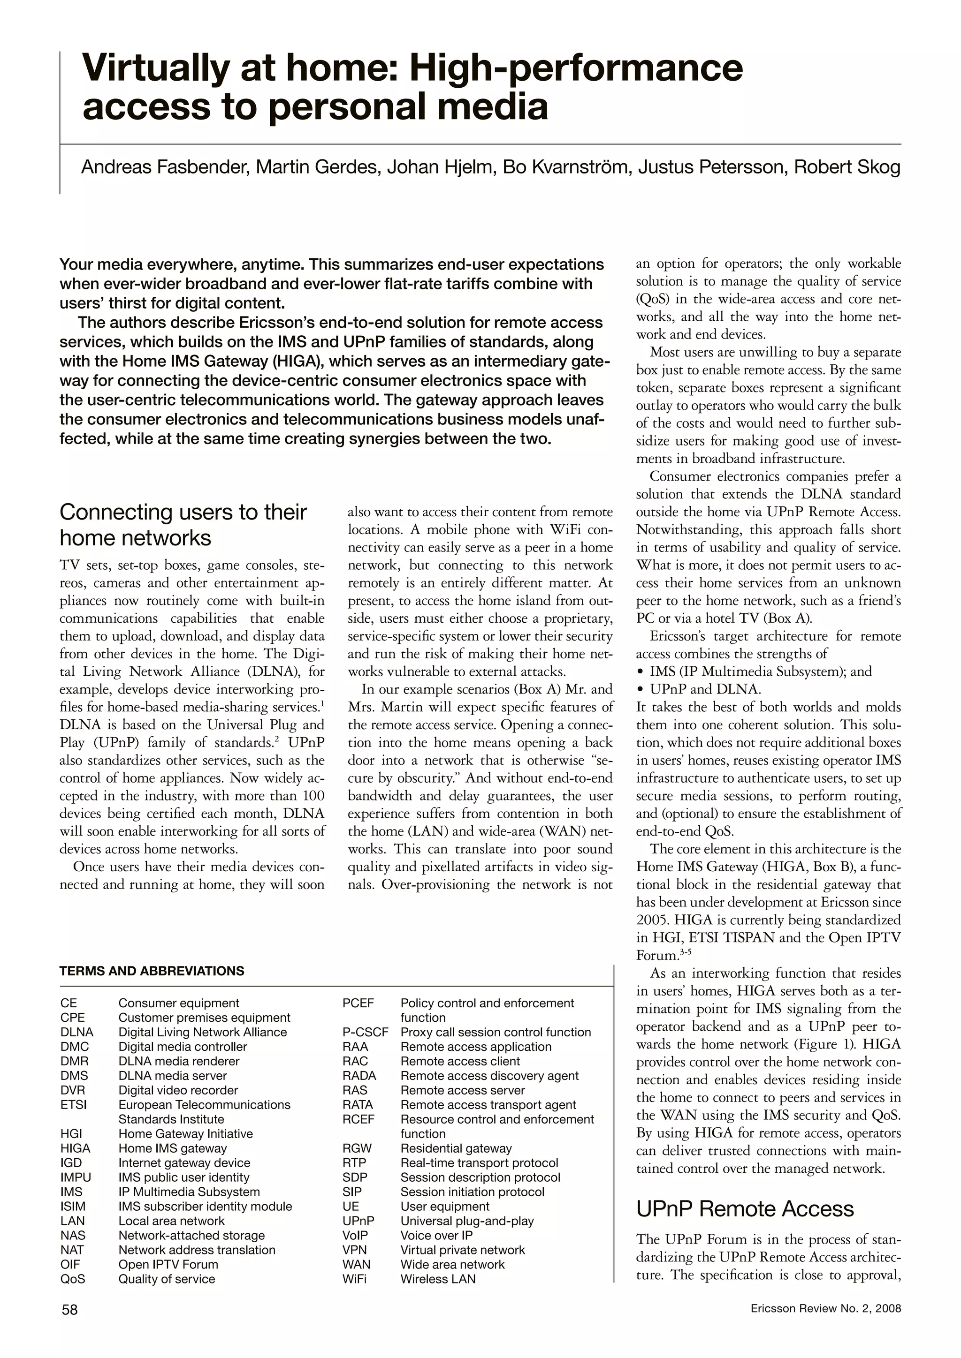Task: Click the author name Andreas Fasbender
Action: [x=163, y=167]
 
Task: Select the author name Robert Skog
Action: [x=847, y=167]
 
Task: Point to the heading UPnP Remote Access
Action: [x=744, y=1209]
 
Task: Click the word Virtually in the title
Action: [x=154, y=68]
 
